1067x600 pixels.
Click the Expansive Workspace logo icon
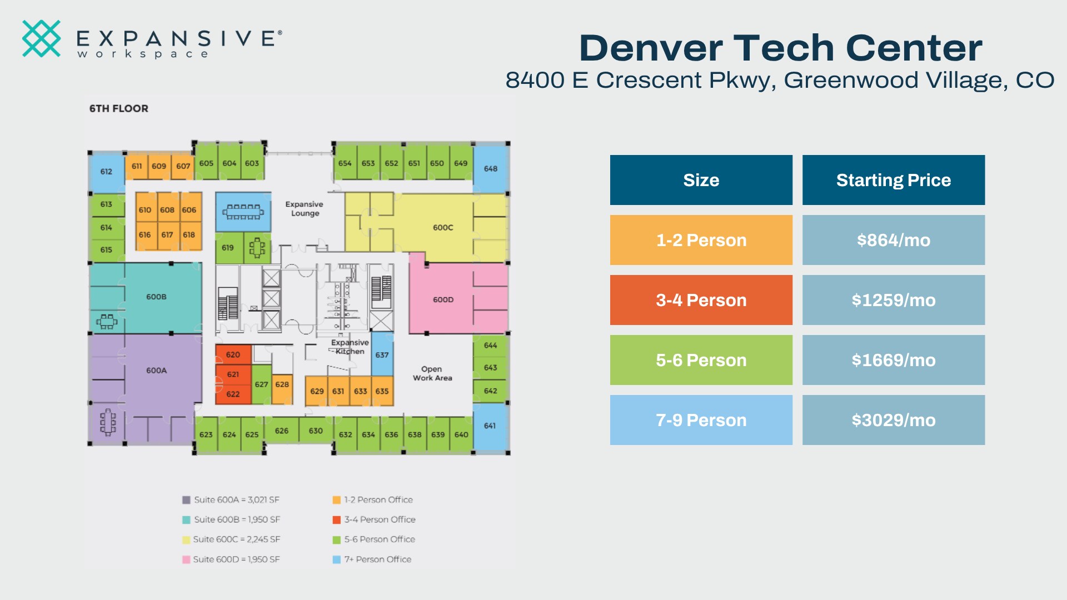pyautogui.click(x=41, y=38)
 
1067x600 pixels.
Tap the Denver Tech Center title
pyautogui.click(x=781, y=48)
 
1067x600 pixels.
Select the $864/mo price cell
pyautogui.click(x=894, y=240)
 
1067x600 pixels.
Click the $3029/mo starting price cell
pyautogui.click(x=894, y=420)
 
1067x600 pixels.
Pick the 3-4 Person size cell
pyautogui.click(x=701, y=300)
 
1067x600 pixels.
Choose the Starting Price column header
pyautogui.click(x=894, y=180)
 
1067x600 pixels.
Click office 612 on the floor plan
pyautogui.click(x=106, y=172)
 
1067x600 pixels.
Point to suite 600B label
pyautogui.click(x=156, y=297)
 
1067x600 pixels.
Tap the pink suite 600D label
pyautogui.click(x=443, y=299)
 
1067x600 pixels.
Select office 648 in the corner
pyautogui.click(x=491, y=168)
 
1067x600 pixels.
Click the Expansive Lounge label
pyautogui.click(x=305, y=208)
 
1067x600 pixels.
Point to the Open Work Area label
pyautogui.click(x=432, y=373)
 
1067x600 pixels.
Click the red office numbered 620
pyautogui.click(x=233, y=354)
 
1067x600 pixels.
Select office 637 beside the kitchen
pyautogui.click(x=382, y=354)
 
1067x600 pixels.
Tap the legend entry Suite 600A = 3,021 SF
pyautogui.click(x=231, y=499)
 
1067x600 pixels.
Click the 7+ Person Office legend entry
pyautogui.click(x=372, y=559)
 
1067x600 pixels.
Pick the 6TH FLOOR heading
pyautogui.click(x=119, y=108)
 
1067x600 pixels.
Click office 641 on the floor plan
pyautogui.click(x=490, y=426)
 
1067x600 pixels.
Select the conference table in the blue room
pyautogui.click(x=243, y=212)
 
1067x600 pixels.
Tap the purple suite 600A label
pyautogui.click(x=156, y=370)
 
